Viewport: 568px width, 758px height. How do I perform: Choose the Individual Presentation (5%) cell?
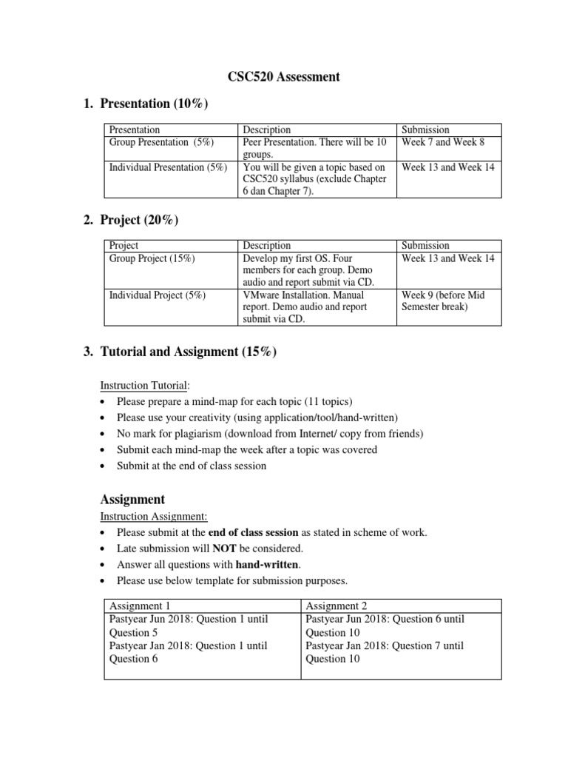click(x=168, y=167)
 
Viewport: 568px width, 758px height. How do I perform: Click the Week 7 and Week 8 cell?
click(x=442, y=142)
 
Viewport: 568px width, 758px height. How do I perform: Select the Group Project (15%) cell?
click(x=152, y=258)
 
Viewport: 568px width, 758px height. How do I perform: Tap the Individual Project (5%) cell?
click(x=157, y=295)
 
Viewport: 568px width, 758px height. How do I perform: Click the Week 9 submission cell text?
click(x=442, y=301)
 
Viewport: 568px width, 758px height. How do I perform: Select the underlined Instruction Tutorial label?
click(x=145, y=386)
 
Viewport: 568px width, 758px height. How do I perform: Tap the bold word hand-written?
click(x=266, y=565)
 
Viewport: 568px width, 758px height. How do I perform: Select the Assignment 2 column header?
click(x=332, y=606)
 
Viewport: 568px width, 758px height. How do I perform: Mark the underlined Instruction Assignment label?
click(x=153, y=516)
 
